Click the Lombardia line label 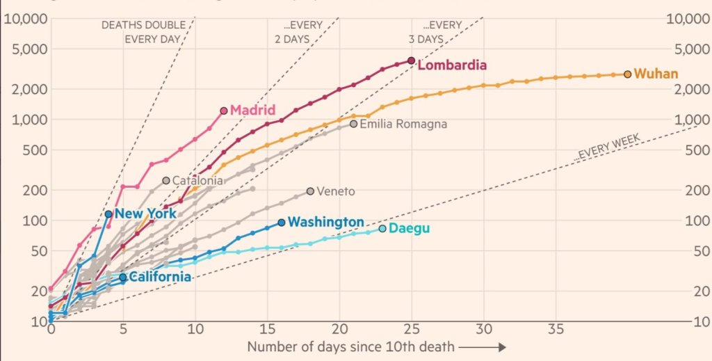tap(452, 65)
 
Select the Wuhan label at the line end tap(656, 74)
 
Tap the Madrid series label tap(252, 110)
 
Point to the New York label tap(145, 214)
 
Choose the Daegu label tap(409, 228)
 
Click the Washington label tap(325, 223)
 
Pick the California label tap(159, 277)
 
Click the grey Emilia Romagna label tap(403, 124)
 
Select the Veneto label tap(335, 191)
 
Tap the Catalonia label tap(197, 181)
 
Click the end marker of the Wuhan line tap(627, 74)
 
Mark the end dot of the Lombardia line tap(411, 61)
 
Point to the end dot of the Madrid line tap(223, 111)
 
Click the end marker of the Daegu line tap(382, 228)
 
